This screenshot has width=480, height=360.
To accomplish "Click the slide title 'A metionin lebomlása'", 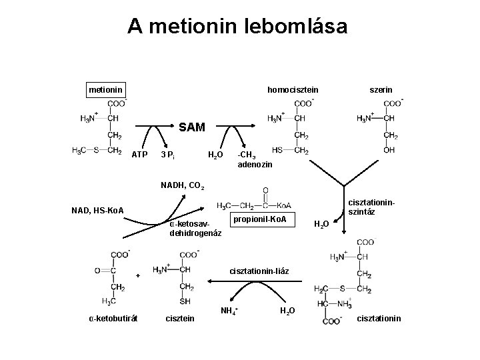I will pyautogui.click(x=237, y=26).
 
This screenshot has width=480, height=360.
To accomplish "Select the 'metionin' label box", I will pyautogui.click(x=105, y=89).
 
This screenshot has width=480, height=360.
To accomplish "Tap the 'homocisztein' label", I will pyautogui.click(x=293, y=89).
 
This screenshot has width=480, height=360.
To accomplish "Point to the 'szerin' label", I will pyautogui.click(x=381, y=89).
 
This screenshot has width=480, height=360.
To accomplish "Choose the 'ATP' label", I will pyautogui.click(x=139, y=155).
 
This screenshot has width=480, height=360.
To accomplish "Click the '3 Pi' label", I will pyautogui.click(x=168, y=155).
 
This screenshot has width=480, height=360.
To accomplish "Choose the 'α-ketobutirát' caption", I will pyautogui.click(x=113, y=318).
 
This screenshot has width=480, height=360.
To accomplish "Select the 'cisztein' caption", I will pyautogui.click(x=179, y=318).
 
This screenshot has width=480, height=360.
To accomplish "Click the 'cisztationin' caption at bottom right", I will pyautogui.click(x=379, y=318).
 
